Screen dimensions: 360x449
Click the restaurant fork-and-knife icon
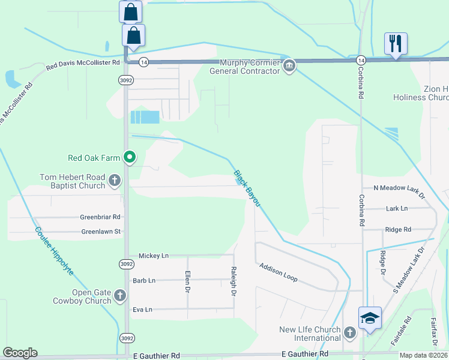click(396, 43)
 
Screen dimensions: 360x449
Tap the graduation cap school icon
click(370, 317)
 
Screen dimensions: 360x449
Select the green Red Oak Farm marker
click(129, 158)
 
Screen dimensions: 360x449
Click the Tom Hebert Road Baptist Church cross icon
click(114, 179)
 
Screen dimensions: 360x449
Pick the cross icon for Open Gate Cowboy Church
click(120, 295)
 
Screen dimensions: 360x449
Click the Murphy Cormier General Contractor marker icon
click(289, 65)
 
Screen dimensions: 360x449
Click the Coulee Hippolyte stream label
click(53, 251)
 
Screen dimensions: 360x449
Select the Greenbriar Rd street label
click(100, 217)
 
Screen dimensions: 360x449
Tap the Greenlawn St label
click(101, 232)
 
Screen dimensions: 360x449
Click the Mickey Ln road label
click(153, 256)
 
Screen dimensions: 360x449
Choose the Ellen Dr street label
click(187, 281)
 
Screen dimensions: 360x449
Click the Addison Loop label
click(278, 274)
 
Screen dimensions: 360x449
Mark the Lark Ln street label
click(396, 209)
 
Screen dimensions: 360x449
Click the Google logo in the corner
click(20, 353)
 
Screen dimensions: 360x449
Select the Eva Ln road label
click(142, 310)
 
